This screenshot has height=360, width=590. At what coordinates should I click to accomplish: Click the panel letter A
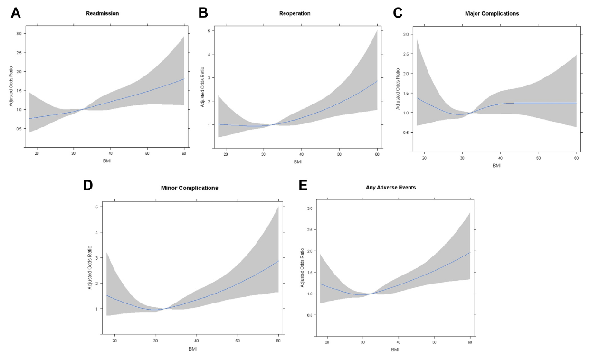(x=16, y=13)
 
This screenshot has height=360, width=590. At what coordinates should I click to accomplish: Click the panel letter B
(x=203, y=13)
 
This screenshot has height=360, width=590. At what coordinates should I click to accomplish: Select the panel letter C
(x=398, y=13)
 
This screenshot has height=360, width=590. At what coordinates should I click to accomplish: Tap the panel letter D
(x=88, y=185)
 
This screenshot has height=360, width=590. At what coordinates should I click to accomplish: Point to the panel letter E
(x=303, y=185)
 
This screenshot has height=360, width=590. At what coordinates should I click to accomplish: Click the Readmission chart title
(x=102, y=13)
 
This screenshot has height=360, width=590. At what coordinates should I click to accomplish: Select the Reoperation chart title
(x=295, y=13)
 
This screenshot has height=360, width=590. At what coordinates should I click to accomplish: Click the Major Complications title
(x=492, y=13)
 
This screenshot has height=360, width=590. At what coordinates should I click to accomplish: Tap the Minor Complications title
(x=190, y=188)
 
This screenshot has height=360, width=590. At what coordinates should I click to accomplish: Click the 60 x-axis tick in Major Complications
(x=576, y=158)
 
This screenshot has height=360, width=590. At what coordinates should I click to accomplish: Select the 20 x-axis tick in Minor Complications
(x=115, y=341)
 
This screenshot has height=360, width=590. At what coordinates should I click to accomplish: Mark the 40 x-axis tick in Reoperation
(x=303, y=155)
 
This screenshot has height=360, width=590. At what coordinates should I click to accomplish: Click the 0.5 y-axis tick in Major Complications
(x=405, y=133)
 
